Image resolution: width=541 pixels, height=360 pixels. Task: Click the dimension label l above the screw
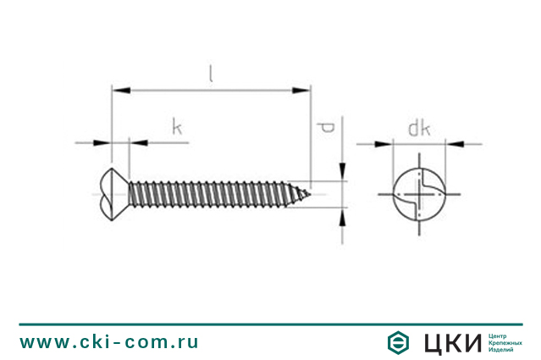pyautogui.click(x=212, y=74)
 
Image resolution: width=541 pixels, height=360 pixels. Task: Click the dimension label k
pyautogui.click(x=177, y=128)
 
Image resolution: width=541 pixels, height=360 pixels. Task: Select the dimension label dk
pyautogui.click(x=418, y=129)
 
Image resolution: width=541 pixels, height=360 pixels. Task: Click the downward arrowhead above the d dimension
pyautogui.click(x=342, y=174)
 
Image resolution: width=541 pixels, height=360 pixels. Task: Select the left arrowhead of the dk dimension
pyautogui.click(x=387, y=143)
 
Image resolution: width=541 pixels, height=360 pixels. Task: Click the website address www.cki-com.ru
pyautogui.click(x=109, y=341)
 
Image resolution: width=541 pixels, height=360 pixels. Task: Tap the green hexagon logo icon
pyautogui.click(x=397, y=342)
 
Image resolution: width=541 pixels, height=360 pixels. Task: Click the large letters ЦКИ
pyautogui.click(x=453, y=342)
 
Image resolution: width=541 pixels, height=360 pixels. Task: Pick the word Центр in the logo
pyautogui.click(x=500, y=335)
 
